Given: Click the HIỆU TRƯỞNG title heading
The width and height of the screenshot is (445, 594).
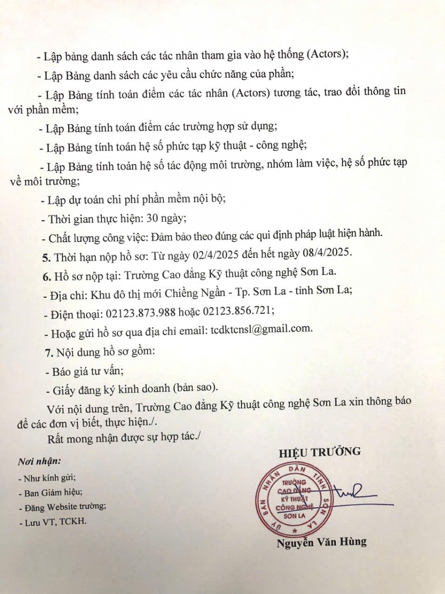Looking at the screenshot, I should [x=319, y=451].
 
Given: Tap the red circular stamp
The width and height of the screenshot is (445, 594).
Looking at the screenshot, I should [x=293, y=500].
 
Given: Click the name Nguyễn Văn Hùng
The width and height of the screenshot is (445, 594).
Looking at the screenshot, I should [x=322, y=542].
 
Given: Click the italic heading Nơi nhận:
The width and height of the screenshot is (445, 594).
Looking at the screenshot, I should [x=39, y=461].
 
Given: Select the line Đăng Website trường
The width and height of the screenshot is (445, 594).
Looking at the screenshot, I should [x=61, y=507].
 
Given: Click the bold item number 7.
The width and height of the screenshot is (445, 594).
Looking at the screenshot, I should [x=48, y=353].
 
